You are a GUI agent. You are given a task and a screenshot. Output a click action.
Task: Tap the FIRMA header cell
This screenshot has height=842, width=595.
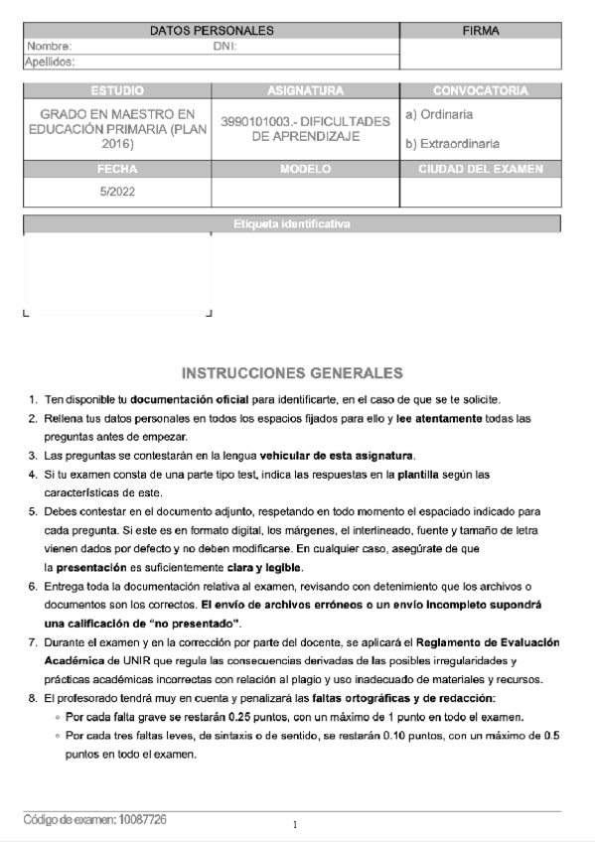[x=481, y=31]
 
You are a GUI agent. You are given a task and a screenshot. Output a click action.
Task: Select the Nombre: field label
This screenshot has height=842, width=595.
[x=50, y=47]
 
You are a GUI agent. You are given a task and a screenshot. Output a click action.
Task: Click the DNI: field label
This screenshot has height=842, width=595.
[x=225, y=47]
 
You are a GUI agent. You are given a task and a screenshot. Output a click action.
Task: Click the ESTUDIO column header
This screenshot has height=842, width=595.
[x=116, y=90]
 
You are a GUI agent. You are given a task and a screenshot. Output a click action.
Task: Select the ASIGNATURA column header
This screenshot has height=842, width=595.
[x=305, y=90]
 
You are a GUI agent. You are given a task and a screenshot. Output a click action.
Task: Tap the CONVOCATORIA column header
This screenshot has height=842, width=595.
[x=480, y=90]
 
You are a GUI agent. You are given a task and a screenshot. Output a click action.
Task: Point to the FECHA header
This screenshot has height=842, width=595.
[x=116, y=169]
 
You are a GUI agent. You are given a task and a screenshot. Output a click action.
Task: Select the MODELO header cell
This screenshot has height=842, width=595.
[x=305, y=169]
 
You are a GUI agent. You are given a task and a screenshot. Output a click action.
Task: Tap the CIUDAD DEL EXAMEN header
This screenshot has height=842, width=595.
[x=480, y=169]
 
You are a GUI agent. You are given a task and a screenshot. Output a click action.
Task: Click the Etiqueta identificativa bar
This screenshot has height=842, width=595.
[x=291, y=223]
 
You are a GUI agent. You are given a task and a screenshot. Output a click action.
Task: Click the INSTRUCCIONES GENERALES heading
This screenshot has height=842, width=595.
[x=292, y=373]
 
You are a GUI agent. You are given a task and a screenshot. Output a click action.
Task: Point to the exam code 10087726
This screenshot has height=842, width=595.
[x=142, y=819]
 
